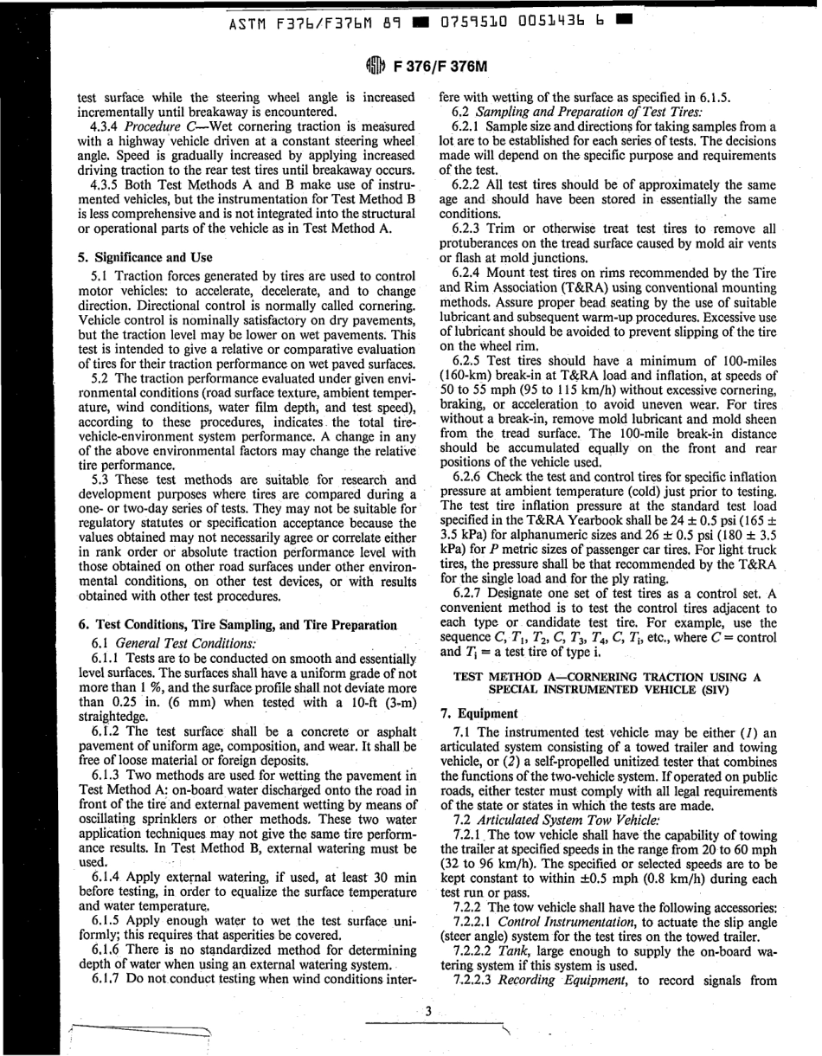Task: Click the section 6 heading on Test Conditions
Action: (x=237, y=624)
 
